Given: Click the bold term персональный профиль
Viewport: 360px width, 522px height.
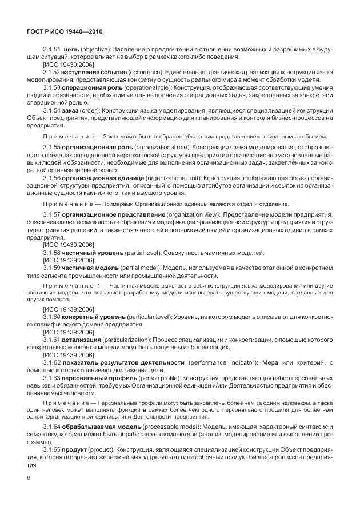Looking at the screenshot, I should [94, 378].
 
